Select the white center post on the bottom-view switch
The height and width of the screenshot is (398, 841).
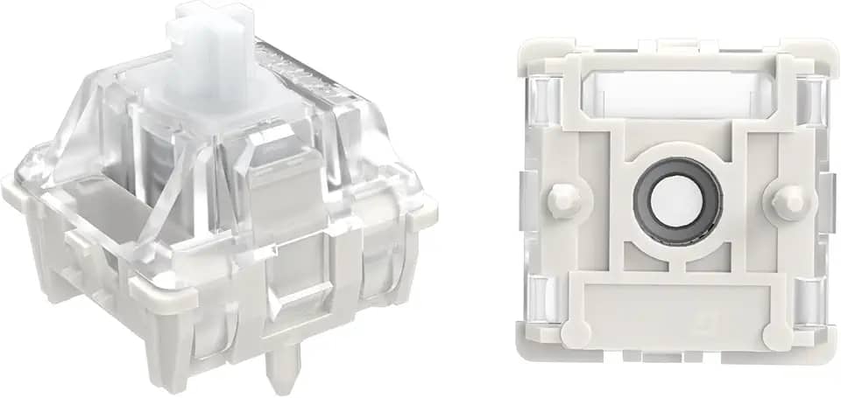tap(676, 200)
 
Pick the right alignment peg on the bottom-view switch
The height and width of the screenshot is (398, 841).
tap(788, 200)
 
